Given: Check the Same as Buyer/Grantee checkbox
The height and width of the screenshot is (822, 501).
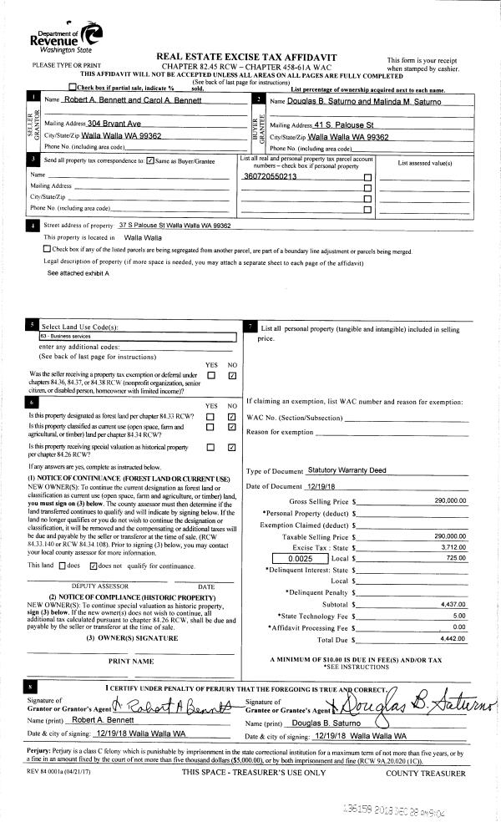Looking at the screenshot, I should [149, 160].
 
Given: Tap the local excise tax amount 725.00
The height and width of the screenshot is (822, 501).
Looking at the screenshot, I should [456, 557].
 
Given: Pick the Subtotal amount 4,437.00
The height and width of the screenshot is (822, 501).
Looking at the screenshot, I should [453, 602].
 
